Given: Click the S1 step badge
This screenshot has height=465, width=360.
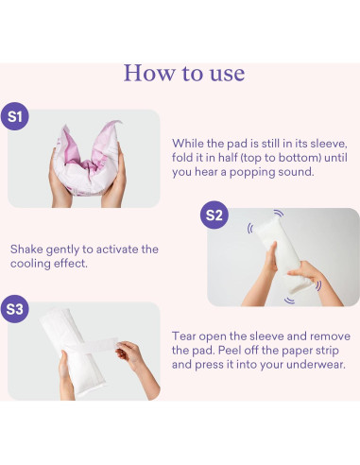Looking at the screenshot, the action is (15, 116).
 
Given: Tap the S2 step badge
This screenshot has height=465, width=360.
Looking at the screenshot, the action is (214, 215).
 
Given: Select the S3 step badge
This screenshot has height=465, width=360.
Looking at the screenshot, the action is (15, 309).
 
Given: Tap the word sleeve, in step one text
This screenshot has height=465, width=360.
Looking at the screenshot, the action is (329, 144).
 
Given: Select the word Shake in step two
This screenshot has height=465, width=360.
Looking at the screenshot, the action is (26, 250).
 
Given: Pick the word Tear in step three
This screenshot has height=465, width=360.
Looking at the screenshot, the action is (183, 336).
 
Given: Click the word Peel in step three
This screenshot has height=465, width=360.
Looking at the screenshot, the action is (228, 351).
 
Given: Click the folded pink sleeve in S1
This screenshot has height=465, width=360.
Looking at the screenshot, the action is (87, 159).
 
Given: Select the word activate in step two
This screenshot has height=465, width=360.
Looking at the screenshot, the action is (117, 250).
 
